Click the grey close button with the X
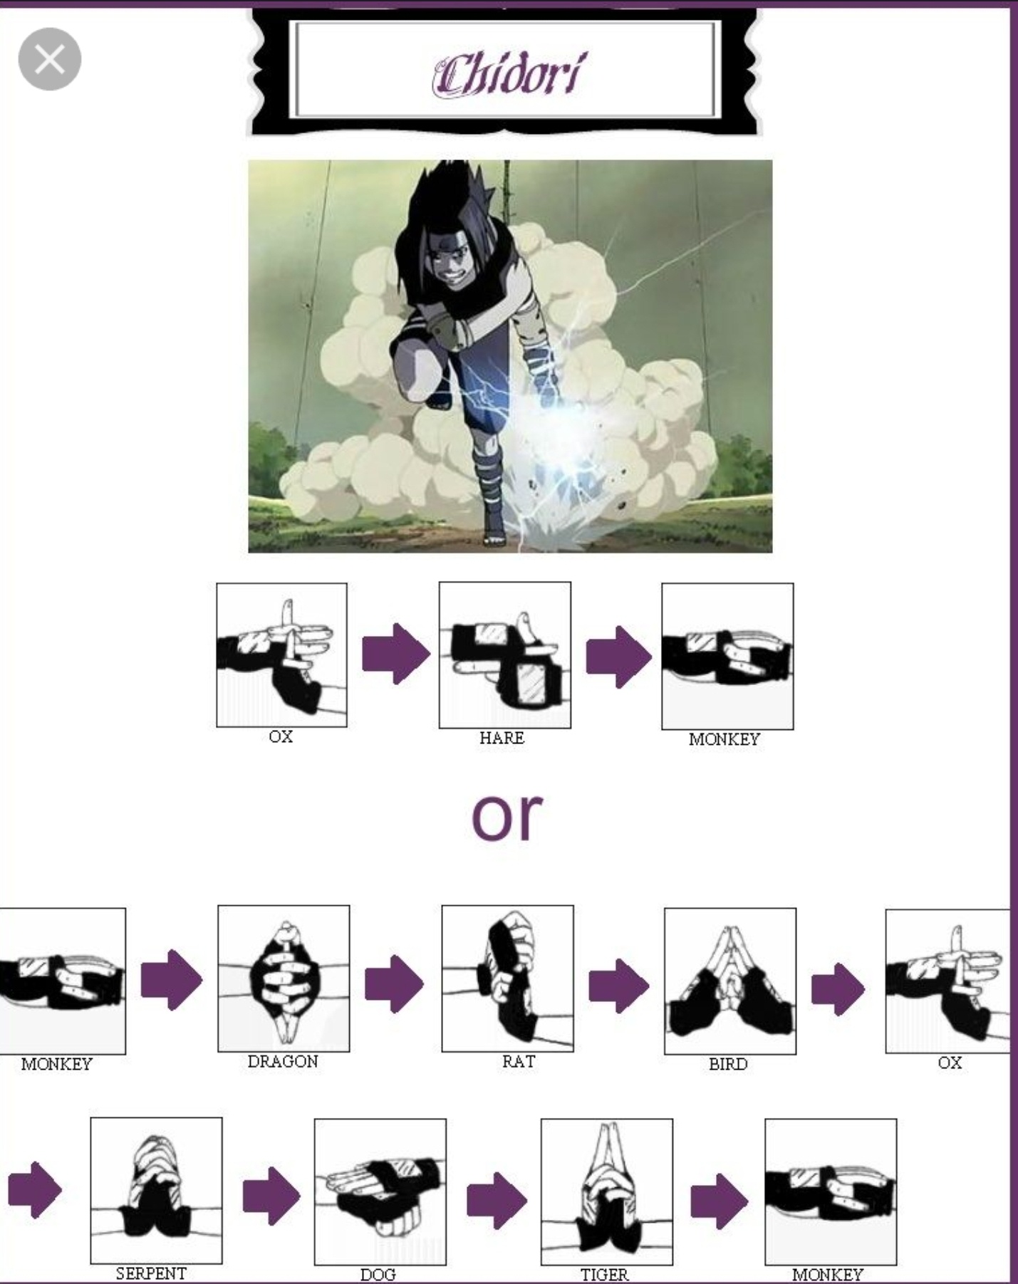(x=49, y=59)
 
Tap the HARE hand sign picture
(x=504, y=655)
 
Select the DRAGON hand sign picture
(x=284, y=978)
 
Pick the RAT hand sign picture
(x=507, y=978)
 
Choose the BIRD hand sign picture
(x=730, y=981)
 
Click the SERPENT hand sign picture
(x=156, y=1190)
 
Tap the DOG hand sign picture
(x=380, y=1191)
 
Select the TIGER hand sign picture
(x=606, y=1191)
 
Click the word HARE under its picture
(x=502, y=738)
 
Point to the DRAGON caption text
(x=283, y=1061)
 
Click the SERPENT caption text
(x=151, y=1273)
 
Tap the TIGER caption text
(x=604, y=1274)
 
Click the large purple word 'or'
(x=507, y=815)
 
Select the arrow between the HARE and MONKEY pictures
(x=618, y=657)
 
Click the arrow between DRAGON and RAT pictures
(x=394, y=983)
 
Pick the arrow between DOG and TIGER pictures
(x=497, y=1201)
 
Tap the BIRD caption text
(x=727, y=1064)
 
